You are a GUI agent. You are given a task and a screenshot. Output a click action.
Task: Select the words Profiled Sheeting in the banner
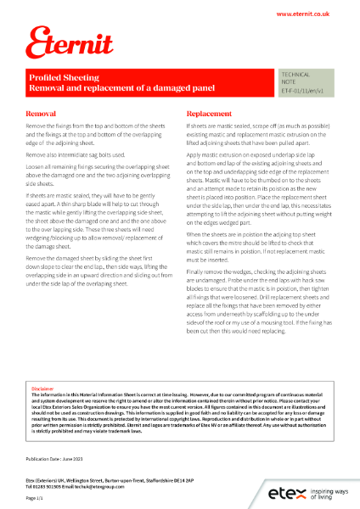point(65,76)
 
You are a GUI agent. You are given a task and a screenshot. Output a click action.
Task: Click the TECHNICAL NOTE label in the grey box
point(295,79)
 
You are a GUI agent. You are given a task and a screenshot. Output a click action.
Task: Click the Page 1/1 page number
point(35,498)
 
